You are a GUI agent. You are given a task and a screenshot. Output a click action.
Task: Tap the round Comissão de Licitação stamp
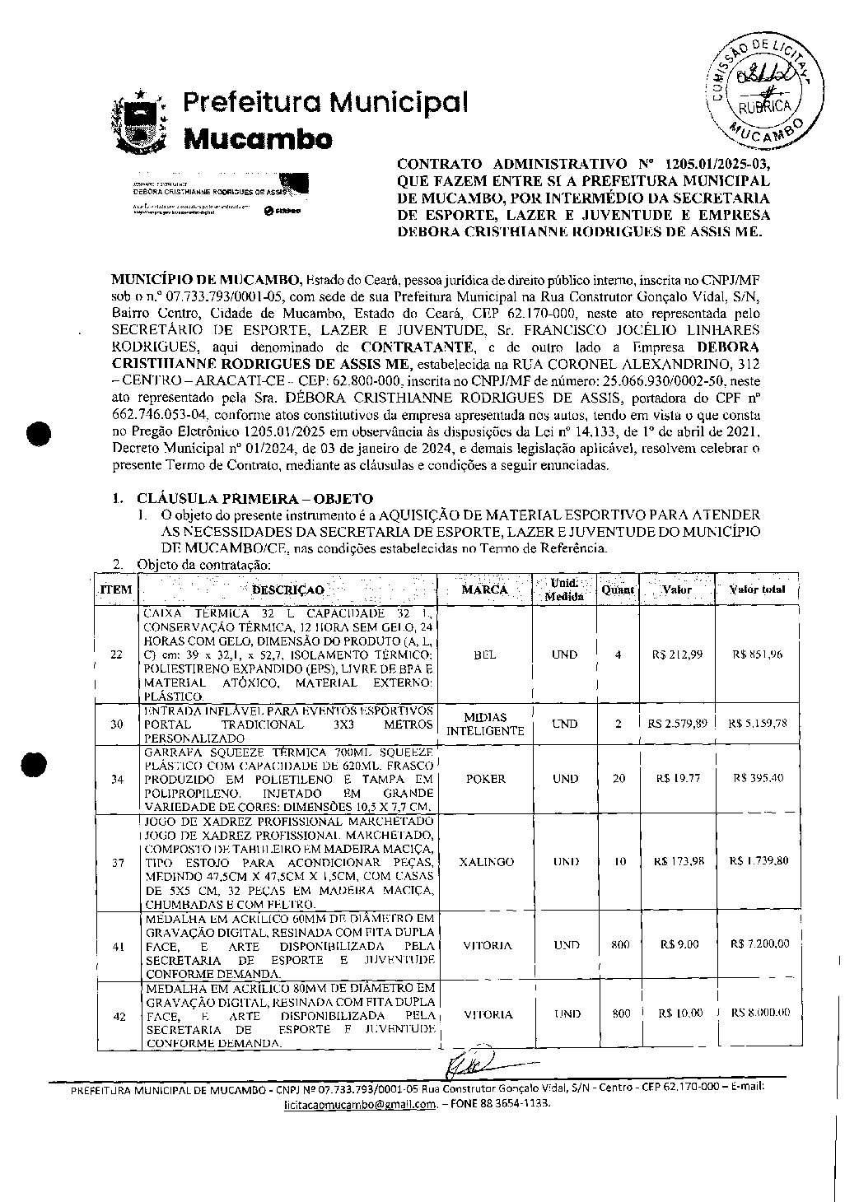point(763,90)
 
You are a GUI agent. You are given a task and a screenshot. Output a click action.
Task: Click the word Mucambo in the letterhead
point(258,138)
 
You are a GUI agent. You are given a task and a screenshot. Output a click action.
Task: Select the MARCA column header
point(484,589)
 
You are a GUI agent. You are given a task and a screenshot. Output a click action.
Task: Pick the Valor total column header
point(757,589)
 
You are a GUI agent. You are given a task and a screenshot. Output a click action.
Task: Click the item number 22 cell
point(116,655)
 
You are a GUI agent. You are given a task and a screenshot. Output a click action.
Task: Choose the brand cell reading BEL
point(485,655)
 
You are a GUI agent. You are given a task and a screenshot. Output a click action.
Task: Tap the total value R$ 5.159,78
point(757,724)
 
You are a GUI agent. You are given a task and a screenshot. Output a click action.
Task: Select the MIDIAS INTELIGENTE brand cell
point(485,724)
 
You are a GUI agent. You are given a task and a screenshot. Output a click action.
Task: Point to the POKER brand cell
point(485,779)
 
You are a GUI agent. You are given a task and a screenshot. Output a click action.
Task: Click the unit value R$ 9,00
point(679,945)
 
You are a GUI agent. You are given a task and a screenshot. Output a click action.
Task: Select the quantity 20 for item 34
point(619,779)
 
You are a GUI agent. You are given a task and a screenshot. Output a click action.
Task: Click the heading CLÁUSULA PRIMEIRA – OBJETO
point(254,499)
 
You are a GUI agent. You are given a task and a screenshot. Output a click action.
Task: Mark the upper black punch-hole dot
point(39,434)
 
